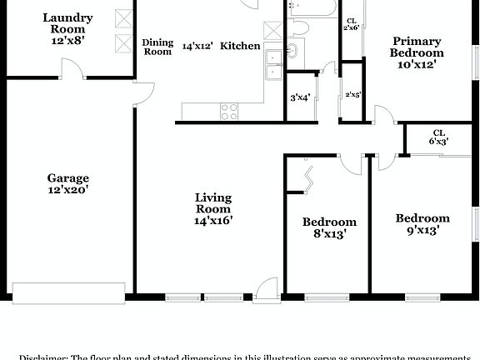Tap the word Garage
(67, 177)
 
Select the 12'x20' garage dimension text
(67, 190)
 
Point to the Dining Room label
(157, 47)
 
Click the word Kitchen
(240, 47)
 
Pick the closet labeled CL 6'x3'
(438, 137)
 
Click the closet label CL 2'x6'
(351, 24)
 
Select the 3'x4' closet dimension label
(299, 97)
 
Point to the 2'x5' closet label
(353, 94)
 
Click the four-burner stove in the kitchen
(228, 111)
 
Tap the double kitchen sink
(272, 67)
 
